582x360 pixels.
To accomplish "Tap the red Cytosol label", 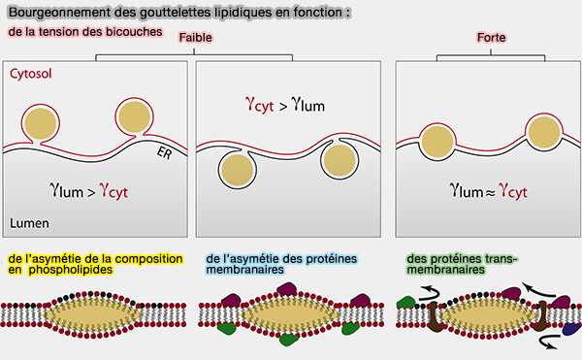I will point(30,74).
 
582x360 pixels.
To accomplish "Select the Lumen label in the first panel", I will point(29,222).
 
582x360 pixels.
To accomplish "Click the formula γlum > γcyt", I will point(88,190).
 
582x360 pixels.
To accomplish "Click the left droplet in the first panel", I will point(41,124).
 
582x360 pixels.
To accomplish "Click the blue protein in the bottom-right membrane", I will point(571,331).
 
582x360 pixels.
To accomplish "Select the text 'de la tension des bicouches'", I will point(78,32).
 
